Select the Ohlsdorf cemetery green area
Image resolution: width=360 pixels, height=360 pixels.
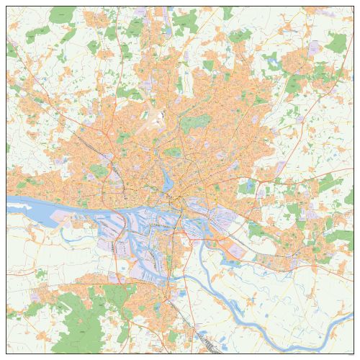tap(192, 123)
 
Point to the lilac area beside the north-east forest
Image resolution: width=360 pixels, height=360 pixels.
tap(314, 49)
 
